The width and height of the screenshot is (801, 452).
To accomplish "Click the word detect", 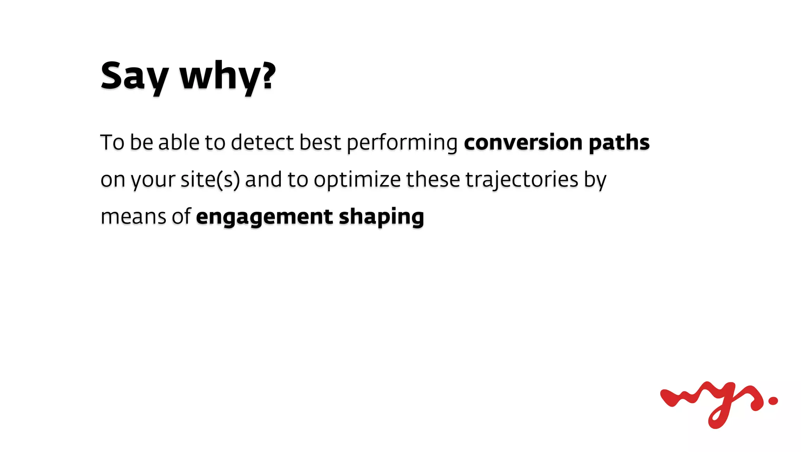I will pyautogui.click(x=262, y=142).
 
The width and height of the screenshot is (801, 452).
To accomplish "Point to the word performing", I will pyautogui.click(x=402, y=143).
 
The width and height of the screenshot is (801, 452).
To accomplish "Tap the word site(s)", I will pyautogui.click(x=210, y=180).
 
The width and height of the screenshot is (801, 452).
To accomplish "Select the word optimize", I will pyautogui.click(x=357, y=180).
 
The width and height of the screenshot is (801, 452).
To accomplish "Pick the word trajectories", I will pyautogui.click(x=522, y=180).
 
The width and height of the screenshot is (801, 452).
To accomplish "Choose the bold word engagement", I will pyautogui.click(x=264, y=217).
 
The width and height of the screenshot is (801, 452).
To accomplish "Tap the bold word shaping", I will pyautogui.click(x=381, y=217).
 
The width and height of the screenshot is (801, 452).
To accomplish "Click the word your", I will pyautogui.click(x=153, y=180).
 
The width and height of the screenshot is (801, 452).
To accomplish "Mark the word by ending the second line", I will pyautogui.click(x=595, y=180).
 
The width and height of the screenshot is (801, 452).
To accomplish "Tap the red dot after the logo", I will pyautogui.click(x=773, y=400).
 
